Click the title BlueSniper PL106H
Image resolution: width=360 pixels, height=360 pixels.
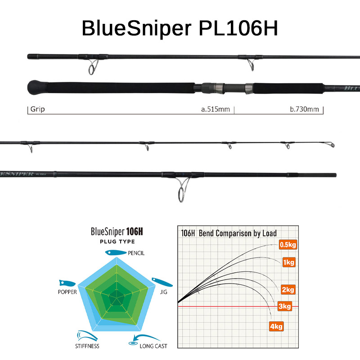(180, 28)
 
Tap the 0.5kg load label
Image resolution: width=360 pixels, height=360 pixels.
(287, 245)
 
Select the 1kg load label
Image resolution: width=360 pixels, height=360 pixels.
(289, 262)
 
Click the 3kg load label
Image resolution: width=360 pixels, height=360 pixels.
(285, 307)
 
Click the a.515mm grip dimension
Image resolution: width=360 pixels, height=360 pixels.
(215, 109)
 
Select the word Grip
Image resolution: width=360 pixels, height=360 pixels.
(38, 109)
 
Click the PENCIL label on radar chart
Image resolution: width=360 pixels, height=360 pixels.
(136, 253)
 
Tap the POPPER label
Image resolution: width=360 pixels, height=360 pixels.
(67, 292)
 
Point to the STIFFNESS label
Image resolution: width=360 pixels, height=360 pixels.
(87, 346)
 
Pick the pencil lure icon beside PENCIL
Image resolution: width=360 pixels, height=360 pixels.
(115, 253)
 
